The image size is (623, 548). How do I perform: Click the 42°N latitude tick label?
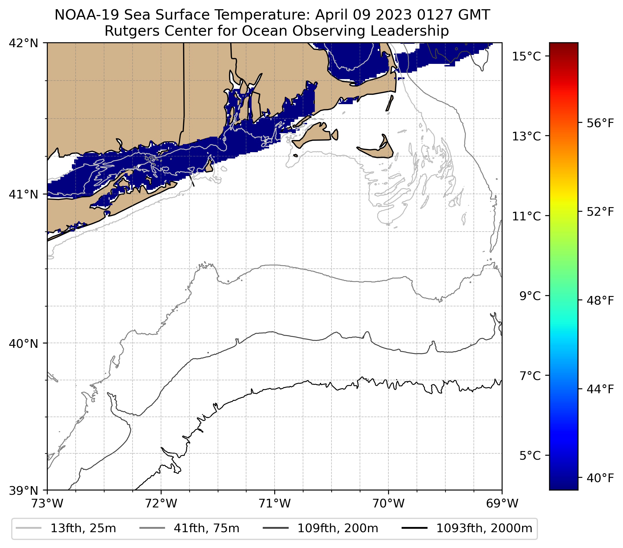click(24, 43)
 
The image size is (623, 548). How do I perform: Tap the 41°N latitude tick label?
click(24, 194)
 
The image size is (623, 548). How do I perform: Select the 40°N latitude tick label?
click(24, 343)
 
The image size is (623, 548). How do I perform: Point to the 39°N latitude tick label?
click(24, 491)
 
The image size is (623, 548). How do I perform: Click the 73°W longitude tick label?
click(47, 504)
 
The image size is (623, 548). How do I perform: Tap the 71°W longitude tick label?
click(275, 504)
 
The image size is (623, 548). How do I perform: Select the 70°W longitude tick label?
click(388, 504)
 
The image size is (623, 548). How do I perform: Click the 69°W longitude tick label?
click(502, 504)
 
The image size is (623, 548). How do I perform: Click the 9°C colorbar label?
click(530, 296)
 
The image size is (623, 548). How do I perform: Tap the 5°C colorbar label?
click(530, 456)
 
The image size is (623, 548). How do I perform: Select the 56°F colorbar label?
click(600, 123)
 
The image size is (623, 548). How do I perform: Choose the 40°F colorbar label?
click(600, 478)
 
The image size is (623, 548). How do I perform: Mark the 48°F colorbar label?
click(600, 301)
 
